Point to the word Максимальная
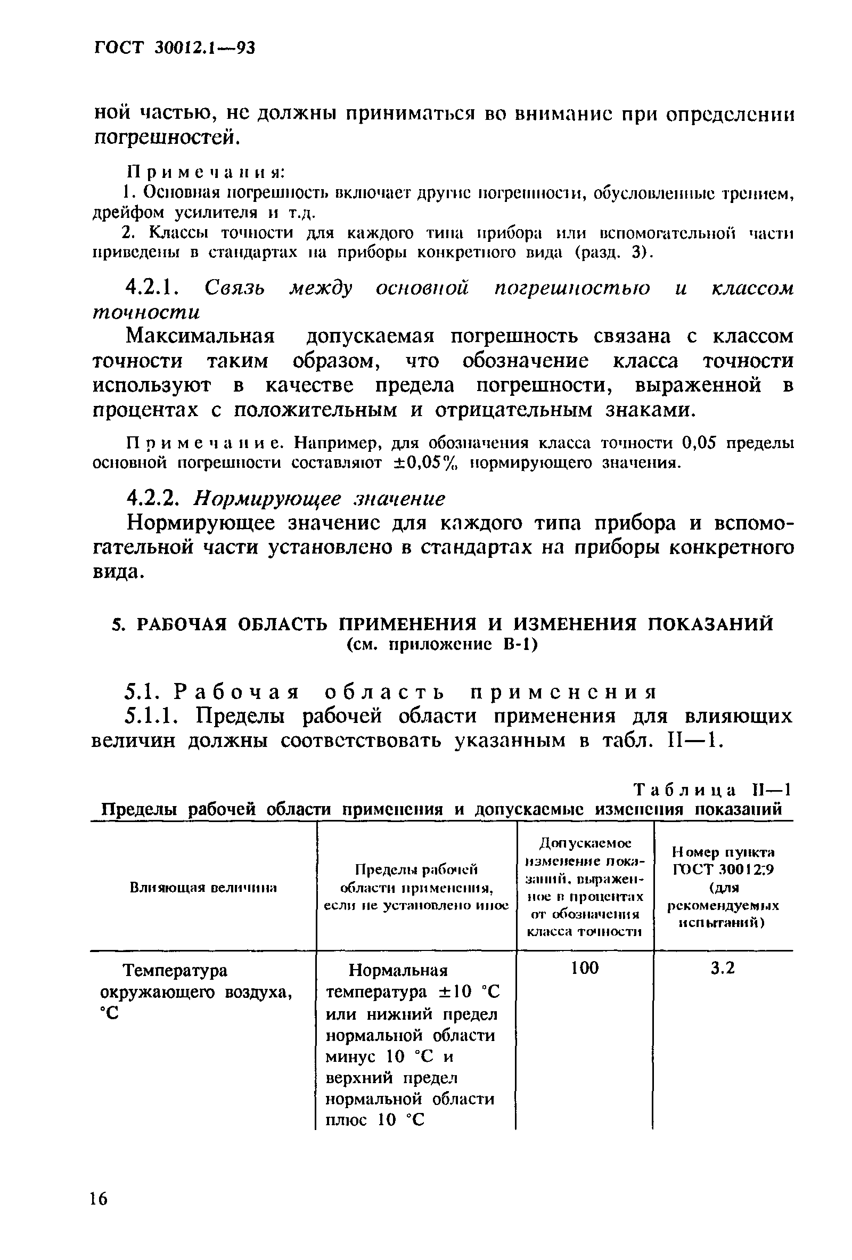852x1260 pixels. pos(201,336)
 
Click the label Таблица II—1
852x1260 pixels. pos(712,790)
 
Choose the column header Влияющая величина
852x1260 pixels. pos(203,888)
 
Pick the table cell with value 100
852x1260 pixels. pos(585,967)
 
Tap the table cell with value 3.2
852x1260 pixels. pos(723,967)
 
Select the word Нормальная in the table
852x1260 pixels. pos(398,970)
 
